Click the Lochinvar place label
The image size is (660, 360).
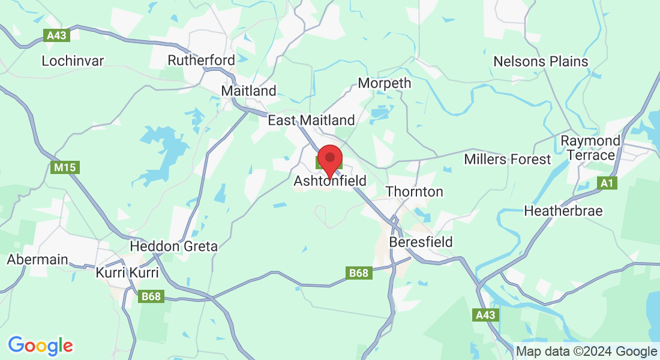(x=73, y=61)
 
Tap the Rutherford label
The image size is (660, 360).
(x=201, y=61)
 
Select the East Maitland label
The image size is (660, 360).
(x=311, y=121)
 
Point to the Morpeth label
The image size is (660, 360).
(x=385, y=83)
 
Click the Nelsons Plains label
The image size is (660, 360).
(x=541, y=62)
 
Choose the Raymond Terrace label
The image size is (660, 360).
(x=590, y=148)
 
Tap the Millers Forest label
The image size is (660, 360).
(x=507, y=160)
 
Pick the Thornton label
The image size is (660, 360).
(x=415, y=192)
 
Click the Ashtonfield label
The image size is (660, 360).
(x=329, y=181)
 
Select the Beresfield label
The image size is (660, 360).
(x=421, y=242)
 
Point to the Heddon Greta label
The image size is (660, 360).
(x=174, y=247)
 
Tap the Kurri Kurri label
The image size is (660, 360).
(x=127, y=273)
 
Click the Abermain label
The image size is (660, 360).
(x=37, y=260)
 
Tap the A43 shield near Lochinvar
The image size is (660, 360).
(x=58, y=35)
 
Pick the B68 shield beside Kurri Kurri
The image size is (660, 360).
(x=151, y=296)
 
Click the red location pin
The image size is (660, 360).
(x=329, y=159)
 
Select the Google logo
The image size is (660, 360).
(x=40, y=346)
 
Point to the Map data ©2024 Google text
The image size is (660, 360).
(x=586, y=352)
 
